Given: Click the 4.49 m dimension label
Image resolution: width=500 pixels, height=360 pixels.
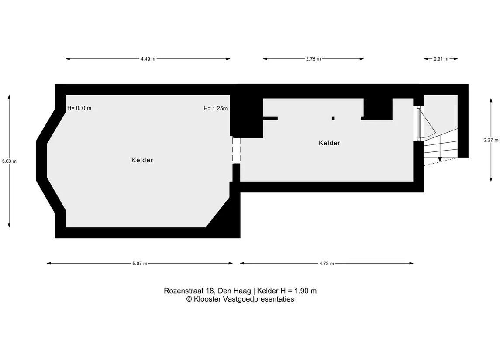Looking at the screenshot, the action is click(x=148, y=59).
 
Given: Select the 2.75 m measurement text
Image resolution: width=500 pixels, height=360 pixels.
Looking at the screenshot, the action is click(x=314, y=59).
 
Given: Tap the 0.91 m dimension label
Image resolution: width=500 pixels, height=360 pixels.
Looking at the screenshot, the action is click(x=441, y=59).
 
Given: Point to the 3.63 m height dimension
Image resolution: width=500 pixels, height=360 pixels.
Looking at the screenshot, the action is click(x=9, y=161).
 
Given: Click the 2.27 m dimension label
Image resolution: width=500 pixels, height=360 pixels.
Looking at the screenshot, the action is click(x=491, y=140).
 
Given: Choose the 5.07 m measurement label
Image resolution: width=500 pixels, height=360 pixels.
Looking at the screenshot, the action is click(x=140, y=264).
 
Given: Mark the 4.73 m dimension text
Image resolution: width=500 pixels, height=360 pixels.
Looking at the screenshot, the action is click(x=327, y=264).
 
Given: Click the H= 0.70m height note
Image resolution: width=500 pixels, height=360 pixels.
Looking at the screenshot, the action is click(x=79, y=108).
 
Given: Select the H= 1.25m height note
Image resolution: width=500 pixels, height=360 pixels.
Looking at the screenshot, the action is click(x=216, y=109).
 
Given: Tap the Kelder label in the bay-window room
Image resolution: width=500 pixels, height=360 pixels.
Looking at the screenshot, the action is click(x=142, y=160).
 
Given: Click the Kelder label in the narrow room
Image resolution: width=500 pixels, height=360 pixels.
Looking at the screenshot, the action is click(x=329, y=143).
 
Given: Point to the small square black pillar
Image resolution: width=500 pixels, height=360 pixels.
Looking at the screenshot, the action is click(x=333, y=118).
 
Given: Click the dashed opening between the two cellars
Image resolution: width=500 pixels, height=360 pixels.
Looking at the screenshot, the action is click(x=236, y=151).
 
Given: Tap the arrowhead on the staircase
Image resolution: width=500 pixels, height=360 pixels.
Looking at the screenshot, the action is click(x=440, y=159).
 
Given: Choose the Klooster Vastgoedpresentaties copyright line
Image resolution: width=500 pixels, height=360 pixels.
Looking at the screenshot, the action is click(x=240, y=299).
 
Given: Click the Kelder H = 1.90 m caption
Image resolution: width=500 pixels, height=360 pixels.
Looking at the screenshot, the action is click(x=286, y=291).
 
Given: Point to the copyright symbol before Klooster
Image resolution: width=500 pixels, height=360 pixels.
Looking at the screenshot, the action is click(x=189, y=299).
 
